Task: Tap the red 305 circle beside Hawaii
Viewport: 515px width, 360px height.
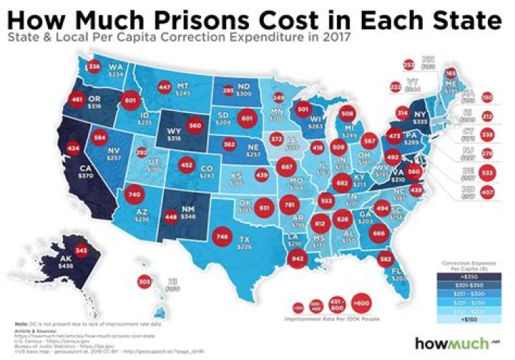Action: coord(144,282)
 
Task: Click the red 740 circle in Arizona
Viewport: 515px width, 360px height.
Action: coord(133,194)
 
